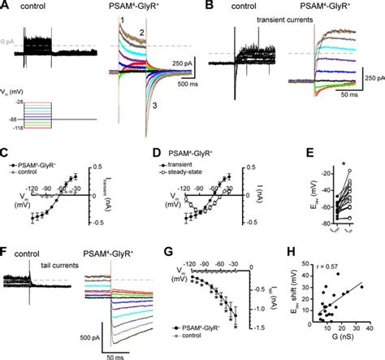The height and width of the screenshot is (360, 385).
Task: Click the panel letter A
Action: [6, 6]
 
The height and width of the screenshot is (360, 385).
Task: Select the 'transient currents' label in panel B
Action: [264, 19]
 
